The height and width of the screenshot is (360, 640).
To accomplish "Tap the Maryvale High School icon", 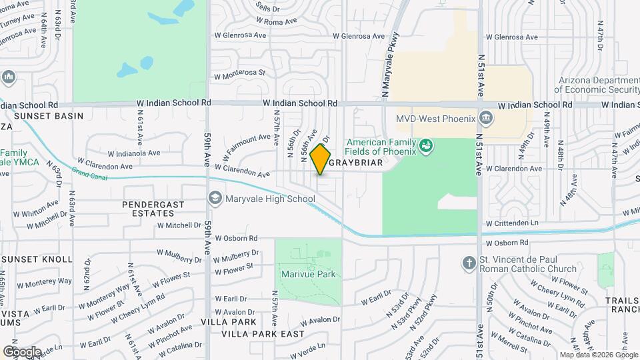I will click(215, 198).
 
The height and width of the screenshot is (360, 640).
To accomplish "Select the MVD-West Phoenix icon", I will click(487, 119).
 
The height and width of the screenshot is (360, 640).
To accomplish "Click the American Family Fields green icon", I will click(425, 145).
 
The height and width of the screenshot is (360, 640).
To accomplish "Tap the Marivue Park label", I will click(307, 274).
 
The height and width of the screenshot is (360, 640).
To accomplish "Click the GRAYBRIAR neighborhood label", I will click(356, 163).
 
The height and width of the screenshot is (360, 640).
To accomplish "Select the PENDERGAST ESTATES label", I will click(148, 209).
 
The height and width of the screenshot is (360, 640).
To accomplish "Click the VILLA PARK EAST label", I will click(263, 333).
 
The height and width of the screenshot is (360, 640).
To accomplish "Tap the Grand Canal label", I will click(89, 175).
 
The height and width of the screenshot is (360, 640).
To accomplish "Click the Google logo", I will click(23, 351).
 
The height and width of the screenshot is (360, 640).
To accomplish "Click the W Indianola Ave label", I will click(135, 153).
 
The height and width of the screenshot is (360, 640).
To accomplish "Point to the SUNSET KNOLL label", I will click(37, 259).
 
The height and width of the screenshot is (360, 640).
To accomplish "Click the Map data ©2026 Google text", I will click(598, 355).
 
